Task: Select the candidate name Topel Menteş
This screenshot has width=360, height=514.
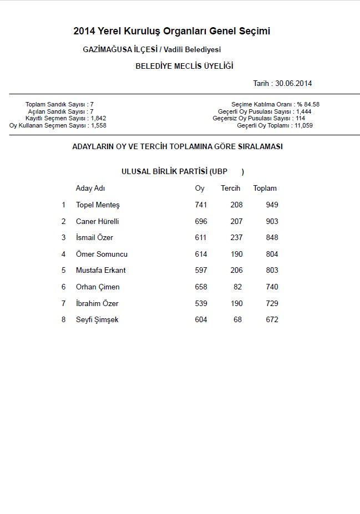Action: (x=98, y=205)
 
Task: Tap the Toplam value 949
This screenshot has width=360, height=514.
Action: (x=272, y=205)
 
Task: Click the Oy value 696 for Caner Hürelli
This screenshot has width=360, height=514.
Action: (x=201, y=221)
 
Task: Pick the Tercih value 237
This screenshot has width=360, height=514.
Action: (x=236, y=238)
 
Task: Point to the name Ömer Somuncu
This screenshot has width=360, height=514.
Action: (x=102, y=255)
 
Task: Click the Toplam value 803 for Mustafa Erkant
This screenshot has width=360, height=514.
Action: (x=272, y=271)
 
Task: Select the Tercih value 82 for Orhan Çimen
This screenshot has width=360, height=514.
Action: (x=238, y=287)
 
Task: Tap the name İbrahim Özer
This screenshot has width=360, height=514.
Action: (x=97, y=304)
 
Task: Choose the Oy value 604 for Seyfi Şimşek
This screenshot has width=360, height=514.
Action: (x=201, y=320)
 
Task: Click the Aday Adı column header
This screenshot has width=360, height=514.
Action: (x=90, y=189)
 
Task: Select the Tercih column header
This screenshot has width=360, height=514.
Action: (x=231, y=189)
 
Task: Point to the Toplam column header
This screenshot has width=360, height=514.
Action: (x=265, y=189)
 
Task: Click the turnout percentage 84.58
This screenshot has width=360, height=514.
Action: (x=311, y=104)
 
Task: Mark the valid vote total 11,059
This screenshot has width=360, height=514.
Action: (x=304, y=125)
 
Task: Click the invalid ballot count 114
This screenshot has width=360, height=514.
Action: (x=301, y=118)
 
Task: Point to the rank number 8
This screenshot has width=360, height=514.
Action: (x=63, y=320)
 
